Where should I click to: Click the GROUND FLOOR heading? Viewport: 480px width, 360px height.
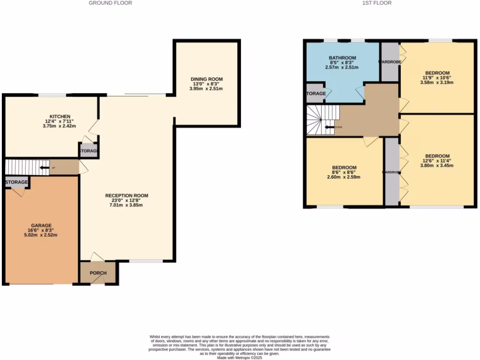(x=110, y=3)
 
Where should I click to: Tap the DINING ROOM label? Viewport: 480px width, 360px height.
(x=206, y=79)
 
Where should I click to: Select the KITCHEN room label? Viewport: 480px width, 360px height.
(x=60, y=116)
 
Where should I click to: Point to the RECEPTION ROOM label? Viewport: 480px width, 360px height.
(x=127, y=195)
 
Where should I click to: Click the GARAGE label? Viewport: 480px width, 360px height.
(x=41, y=225)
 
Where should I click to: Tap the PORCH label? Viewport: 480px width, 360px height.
(x=98, y=273)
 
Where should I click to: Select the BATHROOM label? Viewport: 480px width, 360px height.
(x=342, y=58)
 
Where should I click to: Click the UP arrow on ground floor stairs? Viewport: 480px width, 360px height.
(x=45, y=167)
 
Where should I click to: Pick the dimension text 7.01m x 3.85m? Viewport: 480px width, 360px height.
(x=127, y=205)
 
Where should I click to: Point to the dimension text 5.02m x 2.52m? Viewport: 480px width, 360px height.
(x=41, y=235)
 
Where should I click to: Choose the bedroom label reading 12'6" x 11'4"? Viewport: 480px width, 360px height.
(x=437, y=161)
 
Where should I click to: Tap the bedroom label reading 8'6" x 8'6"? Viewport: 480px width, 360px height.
(x=344, y=172)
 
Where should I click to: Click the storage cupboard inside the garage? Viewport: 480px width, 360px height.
(x=17, y=182)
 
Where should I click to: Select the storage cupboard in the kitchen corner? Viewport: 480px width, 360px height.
(x=88, y=151)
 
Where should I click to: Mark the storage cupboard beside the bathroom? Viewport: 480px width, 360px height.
(x=315, y=94)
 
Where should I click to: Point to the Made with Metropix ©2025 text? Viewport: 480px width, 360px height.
(x=240, y=357)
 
